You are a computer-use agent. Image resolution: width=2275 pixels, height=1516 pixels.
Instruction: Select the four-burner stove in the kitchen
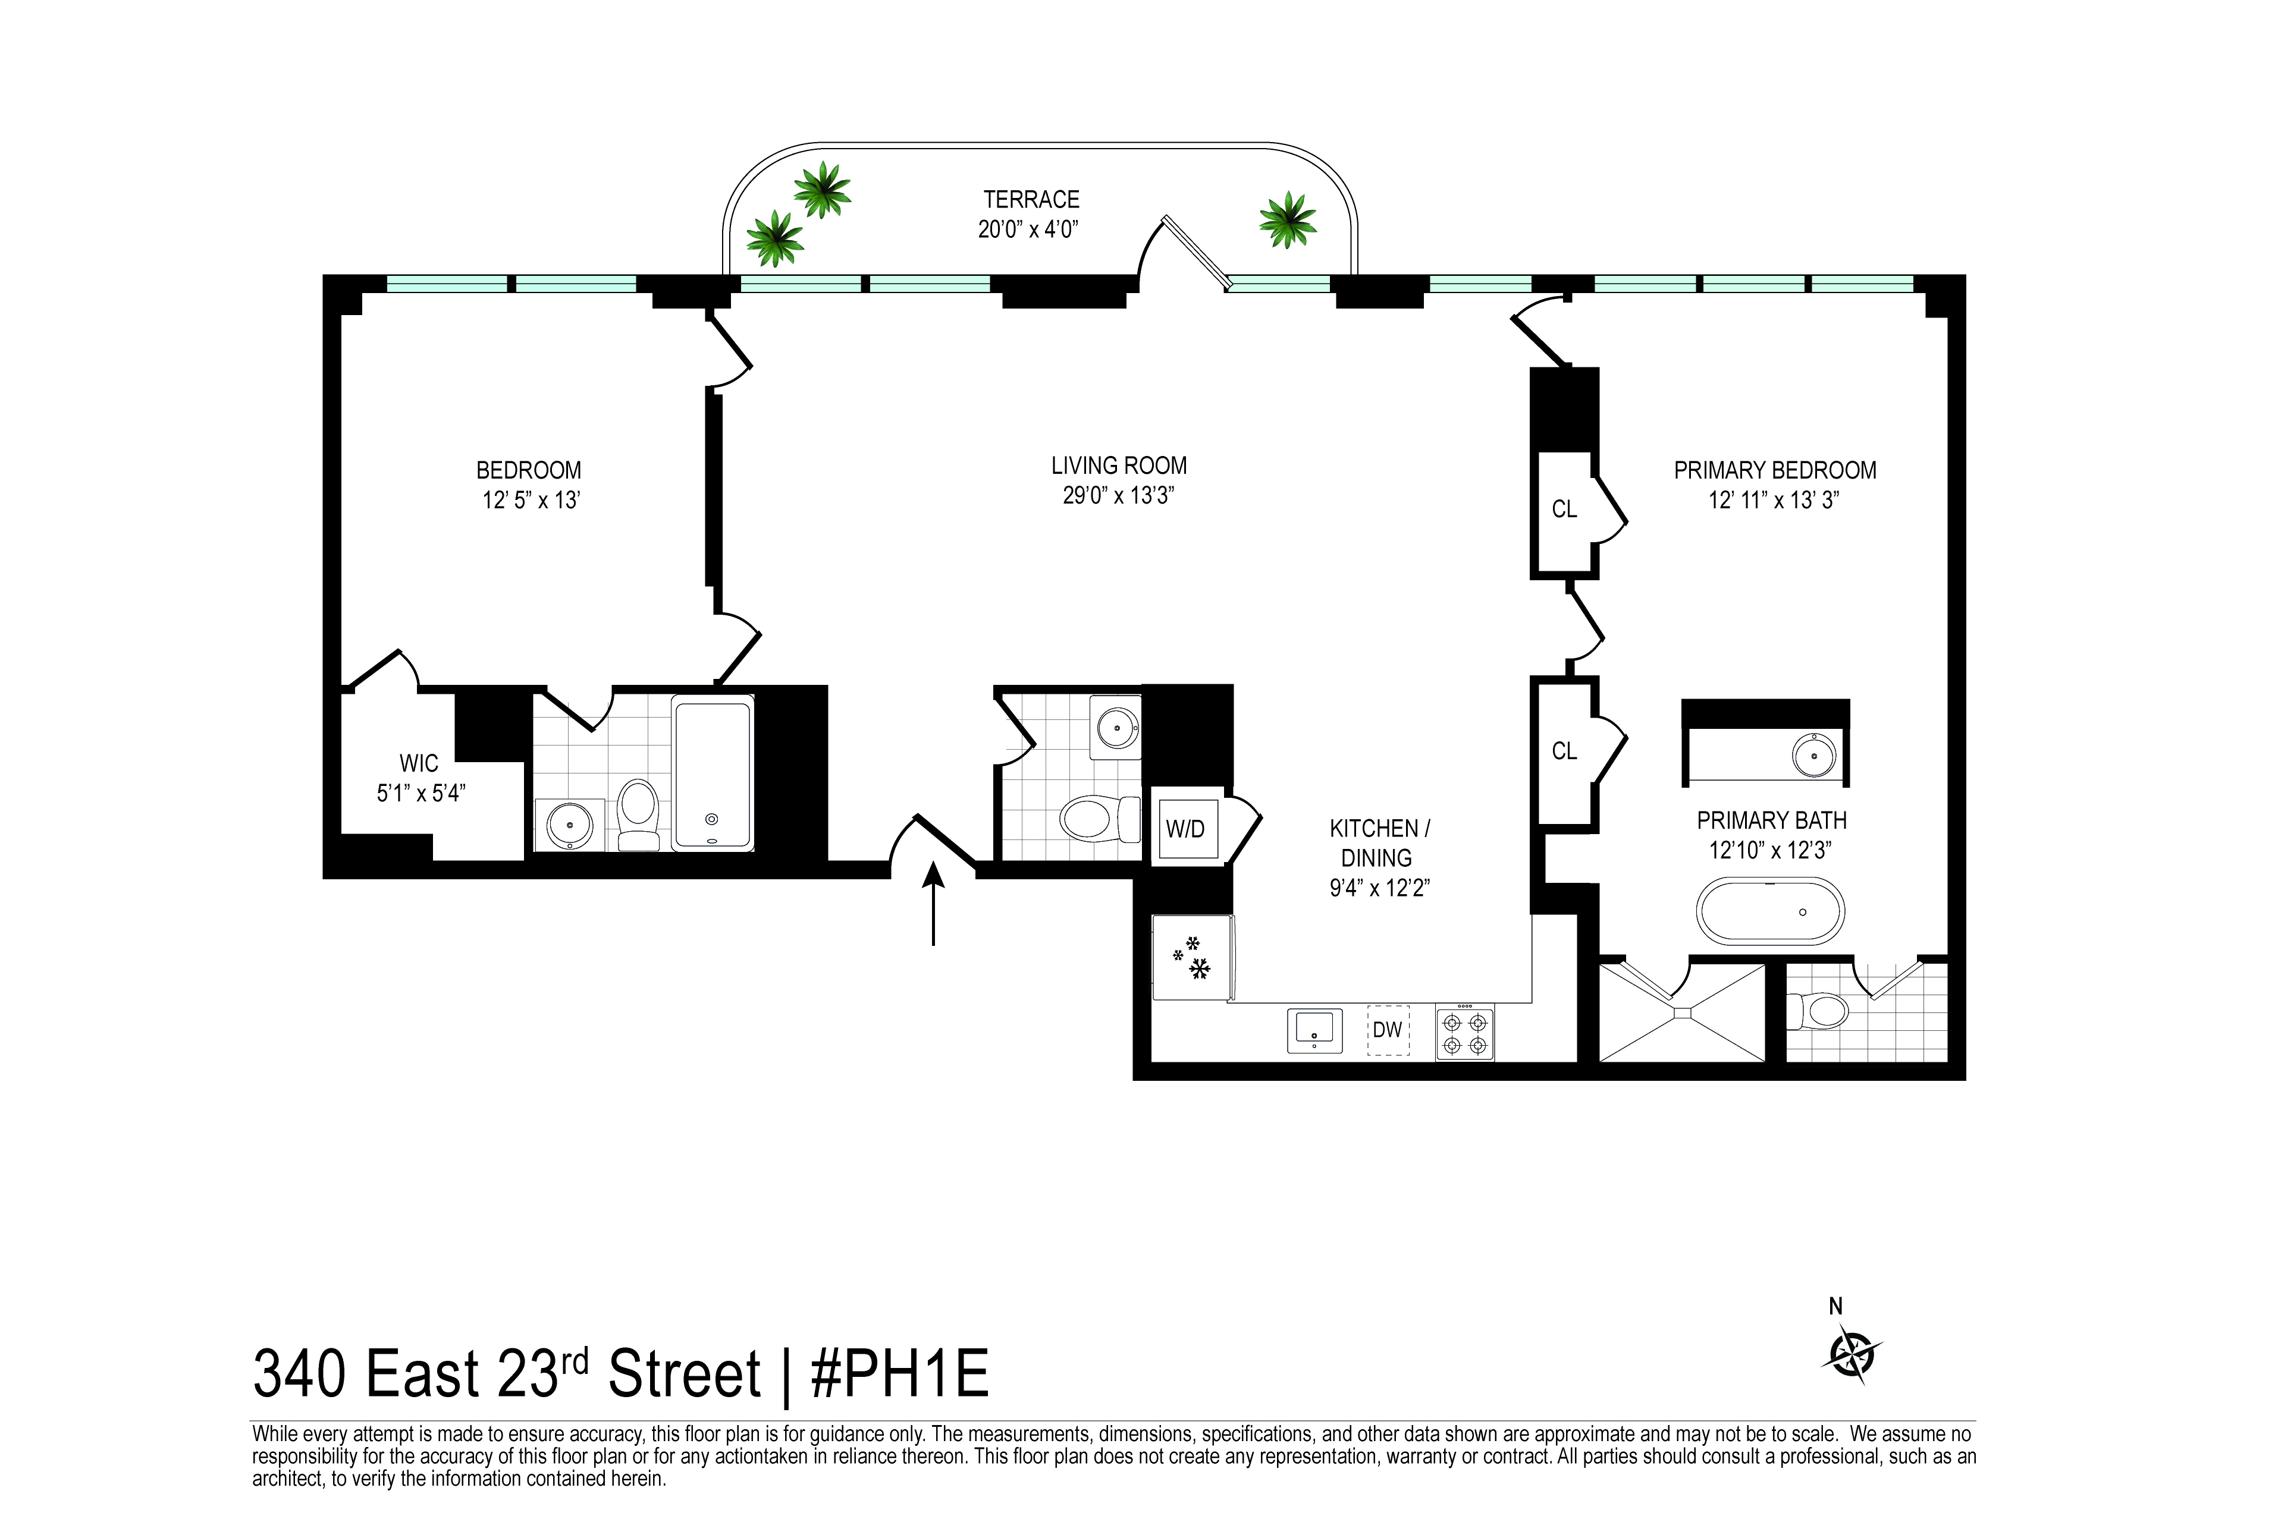coord(1464,1033)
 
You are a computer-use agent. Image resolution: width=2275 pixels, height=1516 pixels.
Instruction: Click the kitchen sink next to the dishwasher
coord(1314,1031)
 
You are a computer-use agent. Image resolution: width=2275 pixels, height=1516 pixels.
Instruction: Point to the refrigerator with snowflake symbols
coord(1193,957)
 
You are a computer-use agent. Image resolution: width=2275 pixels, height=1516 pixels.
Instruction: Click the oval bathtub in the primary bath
coord(1770,911)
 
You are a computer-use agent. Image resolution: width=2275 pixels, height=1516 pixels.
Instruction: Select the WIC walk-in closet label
coord(419,764)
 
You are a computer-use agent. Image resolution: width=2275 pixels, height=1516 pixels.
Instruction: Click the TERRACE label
coord(1031,200)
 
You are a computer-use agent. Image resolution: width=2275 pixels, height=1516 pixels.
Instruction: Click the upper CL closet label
coord(1564,509)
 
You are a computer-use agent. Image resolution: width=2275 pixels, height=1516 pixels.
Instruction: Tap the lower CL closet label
coord(1564,751)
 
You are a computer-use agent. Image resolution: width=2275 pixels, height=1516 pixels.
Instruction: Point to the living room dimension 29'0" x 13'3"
coord(1118,496)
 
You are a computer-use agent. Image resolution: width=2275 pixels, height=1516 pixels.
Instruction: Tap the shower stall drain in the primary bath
coord(1683,1013)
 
